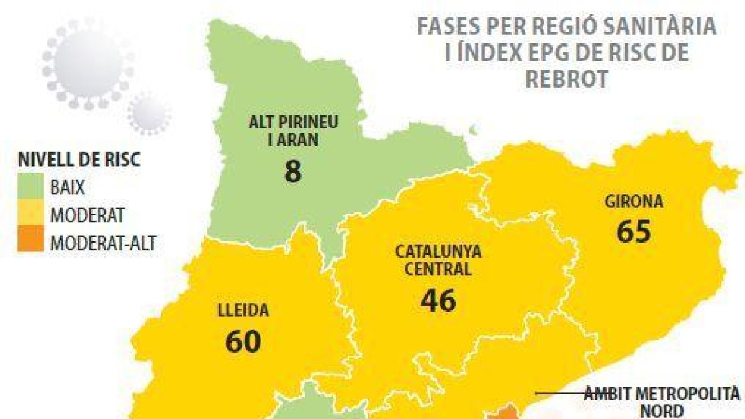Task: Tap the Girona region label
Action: click(633, 202)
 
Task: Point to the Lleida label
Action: click(243, 311)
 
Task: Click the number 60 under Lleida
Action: click(243, 341)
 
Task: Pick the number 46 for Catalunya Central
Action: click(438, 300)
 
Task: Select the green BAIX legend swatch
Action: click(31, 187)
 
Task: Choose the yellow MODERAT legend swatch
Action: click(31, 215)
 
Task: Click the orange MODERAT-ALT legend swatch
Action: click(31, 241)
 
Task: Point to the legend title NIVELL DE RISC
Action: click(78, 160)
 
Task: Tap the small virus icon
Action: click(149, 113)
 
